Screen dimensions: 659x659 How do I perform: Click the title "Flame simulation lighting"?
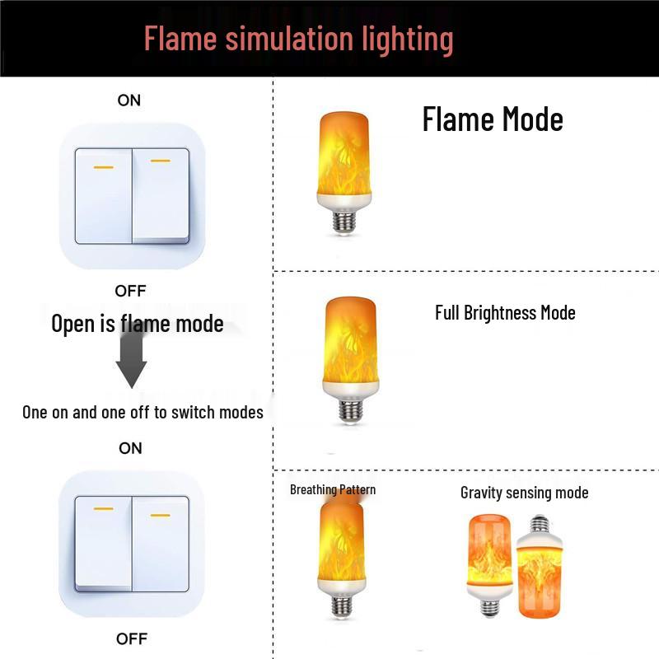tap(298, 39)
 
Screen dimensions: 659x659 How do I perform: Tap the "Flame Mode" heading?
tap(493, 120)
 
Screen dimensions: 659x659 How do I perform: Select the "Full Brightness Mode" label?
tap(505, 313)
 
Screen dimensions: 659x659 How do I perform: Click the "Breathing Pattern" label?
tap(333, 489)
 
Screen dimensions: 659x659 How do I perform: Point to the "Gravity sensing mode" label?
tap(524, 493)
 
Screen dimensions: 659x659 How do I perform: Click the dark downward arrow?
tap(131, 360)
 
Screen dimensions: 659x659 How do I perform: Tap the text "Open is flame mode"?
tap(138, 324)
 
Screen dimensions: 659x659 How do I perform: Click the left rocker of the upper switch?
tap(104, 196)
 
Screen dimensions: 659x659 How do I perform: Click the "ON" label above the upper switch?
tap(129, 100)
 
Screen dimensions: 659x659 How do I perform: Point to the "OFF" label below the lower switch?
tap(131, 638)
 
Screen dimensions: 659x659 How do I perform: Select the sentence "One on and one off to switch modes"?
tap(143, 412)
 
